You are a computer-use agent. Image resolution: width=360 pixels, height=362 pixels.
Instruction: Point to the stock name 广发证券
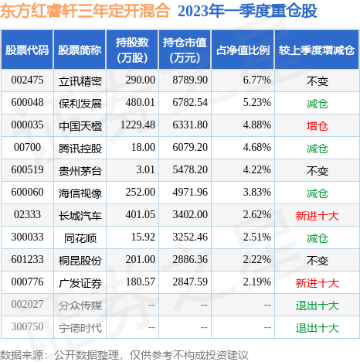click(x=80, y=282)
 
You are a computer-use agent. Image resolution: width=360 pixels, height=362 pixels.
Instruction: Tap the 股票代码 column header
click(x=27, y=50)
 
